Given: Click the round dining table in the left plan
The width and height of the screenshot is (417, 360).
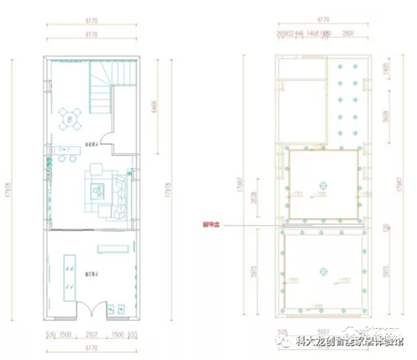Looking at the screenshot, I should pos(72,119).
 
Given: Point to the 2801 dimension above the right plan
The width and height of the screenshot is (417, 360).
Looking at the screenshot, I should pos(349,33).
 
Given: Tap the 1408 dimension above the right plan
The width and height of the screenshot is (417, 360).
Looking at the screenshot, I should pos(312,33).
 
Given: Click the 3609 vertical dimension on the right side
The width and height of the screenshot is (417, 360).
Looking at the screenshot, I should pos(385,117).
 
